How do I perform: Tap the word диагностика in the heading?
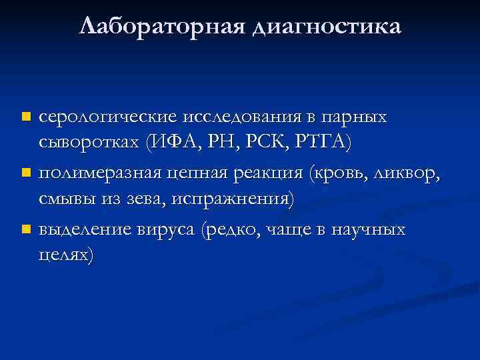[327, 28]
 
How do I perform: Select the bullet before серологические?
[25, 117]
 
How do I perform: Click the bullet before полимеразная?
[25, 173]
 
